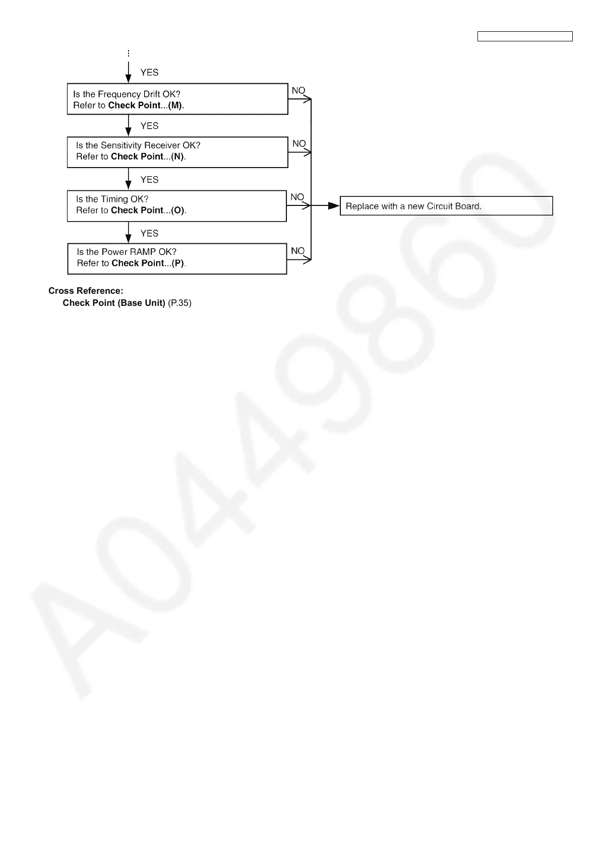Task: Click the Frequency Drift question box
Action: pos(177,99)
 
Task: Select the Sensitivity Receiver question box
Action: pos(177,152)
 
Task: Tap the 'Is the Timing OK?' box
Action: pos(176,205)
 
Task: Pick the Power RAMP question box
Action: pos(177,258)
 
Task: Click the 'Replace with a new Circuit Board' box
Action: pos(446,206)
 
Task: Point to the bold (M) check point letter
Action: pos(175,105)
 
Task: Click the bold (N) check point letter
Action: pos(177,156)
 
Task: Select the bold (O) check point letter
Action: pos(178,210)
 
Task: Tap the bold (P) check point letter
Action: pos(178,263)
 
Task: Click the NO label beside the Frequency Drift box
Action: pos(298,90)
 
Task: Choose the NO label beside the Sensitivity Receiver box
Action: pos(299,144)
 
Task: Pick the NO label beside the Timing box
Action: pos(297,197)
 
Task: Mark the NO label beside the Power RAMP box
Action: pos(297,250)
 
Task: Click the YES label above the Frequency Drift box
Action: pos(149,72)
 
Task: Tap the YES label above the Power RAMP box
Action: pos(149,233)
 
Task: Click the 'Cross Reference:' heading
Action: pos(86,291)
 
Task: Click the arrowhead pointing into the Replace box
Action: pos(334,206)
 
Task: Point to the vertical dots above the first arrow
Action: pos(129,53)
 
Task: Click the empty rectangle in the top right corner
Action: pos(525,36)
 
